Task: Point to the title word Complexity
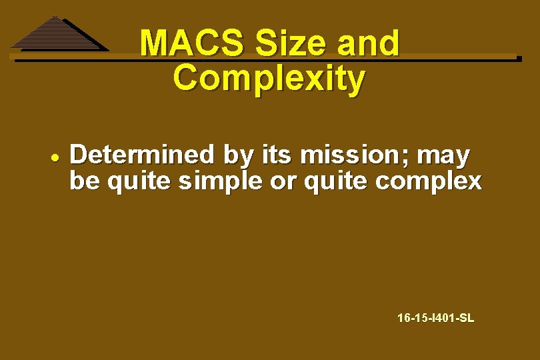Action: point(269,79)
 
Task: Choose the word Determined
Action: point(143,155)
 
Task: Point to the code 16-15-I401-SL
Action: point(435,318)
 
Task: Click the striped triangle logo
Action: point(59,34)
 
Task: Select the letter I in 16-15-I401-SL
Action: point(433,318)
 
